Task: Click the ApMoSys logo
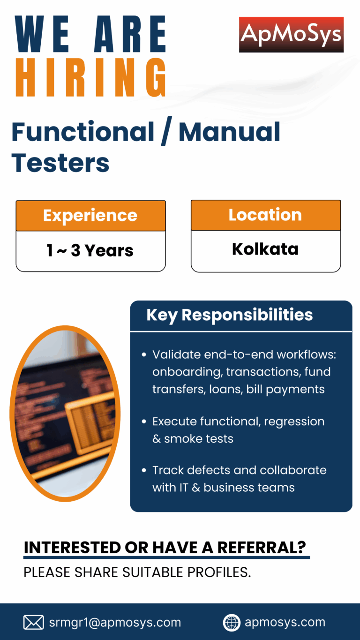coord(291,35)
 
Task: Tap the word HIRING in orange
coord(91,77)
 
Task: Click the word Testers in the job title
coord(60,163)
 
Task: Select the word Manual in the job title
coord(229,132)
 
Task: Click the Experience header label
coord(90,216)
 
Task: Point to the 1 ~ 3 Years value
coord(90,250)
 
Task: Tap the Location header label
coord(265,215)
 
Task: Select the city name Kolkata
coord(265,249)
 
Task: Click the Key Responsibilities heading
coord(230,315)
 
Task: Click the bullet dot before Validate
coord(144,355)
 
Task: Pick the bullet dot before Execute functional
coord(144,422)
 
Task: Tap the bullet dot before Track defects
coord(144,470)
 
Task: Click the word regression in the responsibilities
coord(294,422)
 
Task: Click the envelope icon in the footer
coord(34,622)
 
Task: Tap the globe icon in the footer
coord(232,622)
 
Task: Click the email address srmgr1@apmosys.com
coord(115,623)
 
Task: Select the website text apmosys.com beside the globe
coord(285,622)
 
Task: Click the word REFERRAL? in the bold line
coord(262,548)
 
